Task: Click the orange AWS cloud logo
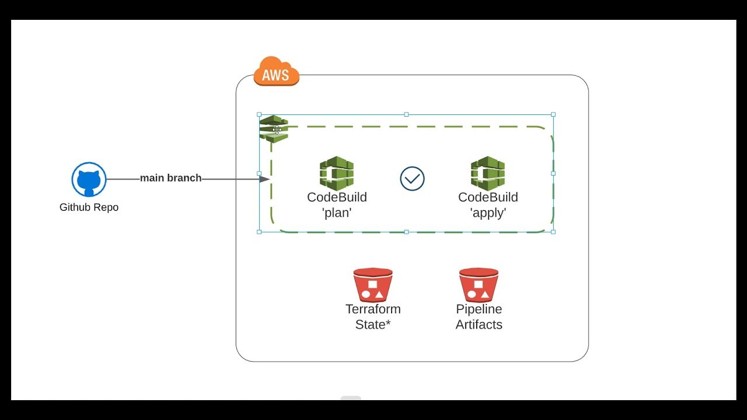[x=276, y=72]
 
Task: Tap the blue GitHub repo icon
[x=89, y=179]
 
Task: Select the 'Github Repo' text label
[x=89, y=207]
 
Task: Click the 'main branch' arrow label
[x=170, y=178]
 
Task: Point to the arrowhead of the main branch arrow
[x=264, y=179]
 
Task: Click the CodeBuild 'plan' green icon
[x=337, y=173]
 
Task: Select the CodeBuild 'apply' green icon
[x=488, y=173]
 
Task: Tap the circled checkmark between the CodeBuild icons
[x=412, y=178]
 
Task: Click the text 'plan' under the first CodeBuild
[x=337, y=213]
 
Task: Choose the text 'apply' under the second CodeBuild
[x=488, y=213]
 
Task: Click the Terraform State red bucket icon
[x=373, y=285]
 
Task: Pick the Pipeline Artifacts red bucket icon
[x=479, y=285]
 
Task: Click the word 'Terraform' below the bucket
[x=373, y=309]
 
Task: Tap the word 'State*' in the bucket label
[x=373, y=324]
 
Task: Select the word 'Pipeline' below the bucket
[x=479, y=309]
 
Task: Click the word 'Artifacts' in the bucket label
[x=479, y=324]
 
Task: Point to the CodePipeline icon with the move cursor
[x=274, y=128]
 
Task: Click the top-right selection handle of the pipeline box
[x=553, y=114]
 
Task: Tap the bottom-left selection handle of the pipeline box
[x=259, y=232]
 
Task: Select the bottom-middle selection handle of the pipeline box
[x=406, y=232]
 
